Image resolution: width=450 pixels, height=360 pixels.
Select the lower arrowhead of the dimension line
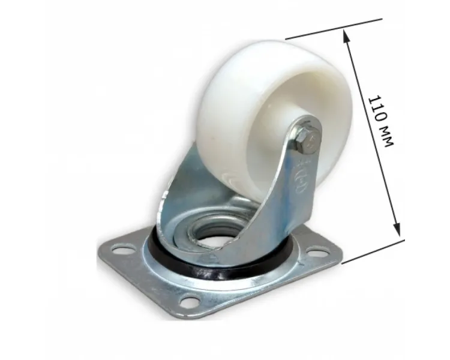point(397,229)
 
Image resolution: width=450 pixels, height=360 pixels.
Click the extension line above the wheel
point(334,29)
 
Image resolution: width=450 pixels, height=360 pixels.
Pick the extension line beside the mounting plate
point(373,251)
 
